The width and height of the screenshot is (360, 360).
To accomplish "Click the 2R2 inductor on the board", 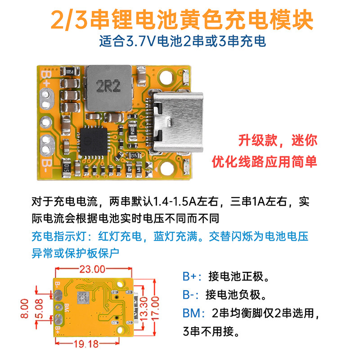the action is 108,88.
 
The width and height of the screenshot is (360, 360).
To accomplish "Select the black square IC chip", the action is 94,141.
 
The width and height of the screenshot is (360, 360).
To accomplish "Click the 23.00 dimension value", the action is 92,269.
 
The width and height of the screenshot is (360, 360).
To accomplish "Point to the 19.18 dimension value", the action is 86,344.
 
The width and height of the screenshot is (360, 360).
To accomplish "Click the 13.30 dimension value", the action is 144,309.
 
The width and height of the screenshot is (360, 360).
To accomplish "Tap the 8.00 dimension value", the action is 24,308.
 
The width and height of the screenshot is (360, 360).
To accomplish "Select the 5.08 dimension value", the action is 39,309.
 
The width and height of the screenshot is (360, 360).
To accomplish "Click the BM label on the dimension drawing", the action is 67,308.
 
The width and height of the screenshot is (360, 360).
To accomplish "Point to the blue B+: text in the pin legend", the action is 192,276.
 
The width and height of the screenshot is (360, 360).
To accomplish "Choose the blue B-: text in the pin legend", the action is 190,295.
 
